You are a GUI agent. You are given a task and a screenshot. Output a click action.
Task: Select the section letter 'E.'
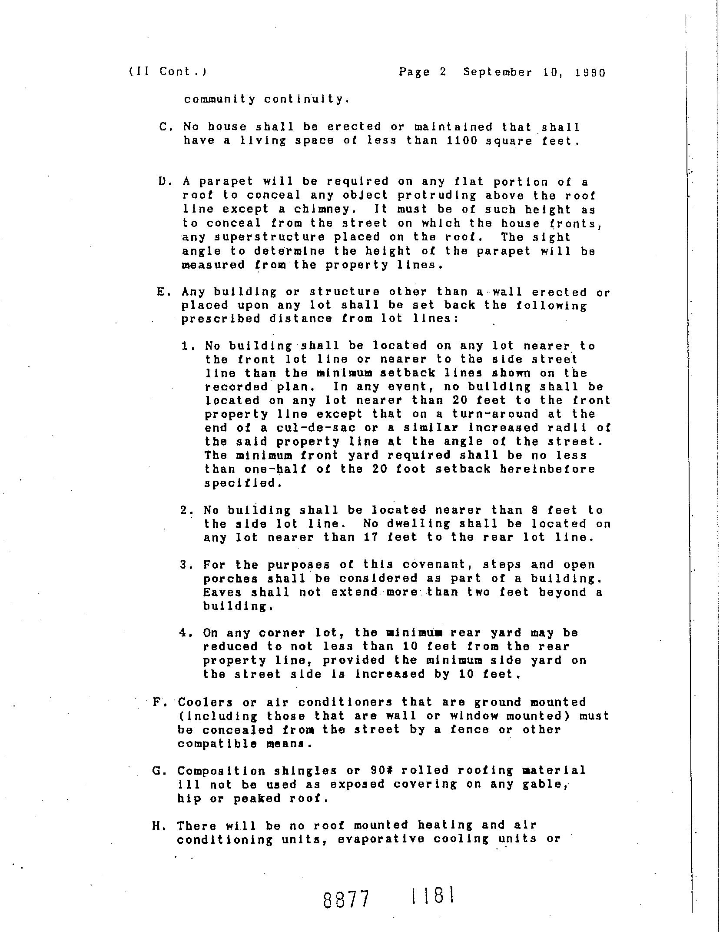coord(162,292)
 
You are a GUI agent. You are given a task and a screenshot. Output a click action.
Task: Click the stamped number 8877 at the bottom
coord(346,900)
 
